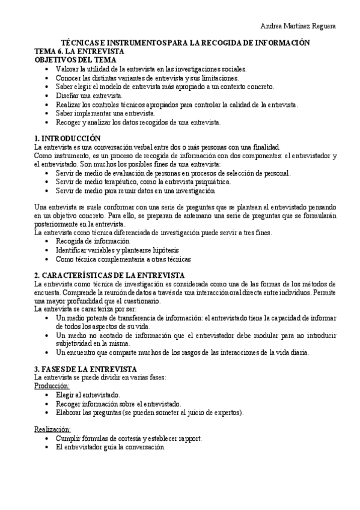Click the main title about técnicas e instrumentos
pyautogui.click(x=186, y=43)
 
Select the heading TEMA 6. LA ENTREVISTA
pyautogui.click(x=79, y=52)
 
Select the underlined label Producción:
pyautogui.click(x=52, y=386)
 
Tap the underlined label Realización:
pyautogui.click(x=52, y=429)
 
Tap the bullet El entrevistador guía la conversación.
pyautogui.click(x=110, y=447)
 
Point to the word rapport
pyautogui.click(x=188, y=438)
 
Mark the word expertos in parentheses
pyautogui.click(x=227, y=413)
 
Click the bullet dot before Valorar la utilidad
pyautogui.click(x=48, y=69)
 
